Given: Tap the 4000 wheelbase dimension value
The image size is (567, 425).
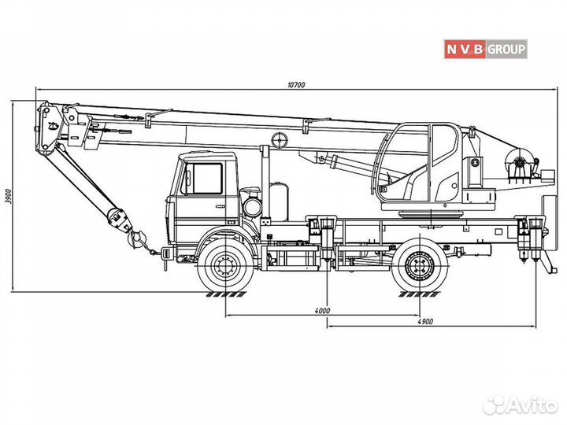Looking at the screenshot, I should pyautogui.click(x=321, y=311).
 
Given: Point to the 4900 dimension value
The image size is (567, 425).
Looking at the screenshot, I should pyautogui.click(x=426, y=322).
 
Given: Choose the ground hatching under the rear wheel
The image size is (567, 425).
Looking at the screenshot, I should pyautogui.click(x=418, y=294).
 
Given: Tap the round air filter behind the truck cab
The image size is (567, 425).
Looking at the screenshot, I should pyautogui.click(x=252, y=206).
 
